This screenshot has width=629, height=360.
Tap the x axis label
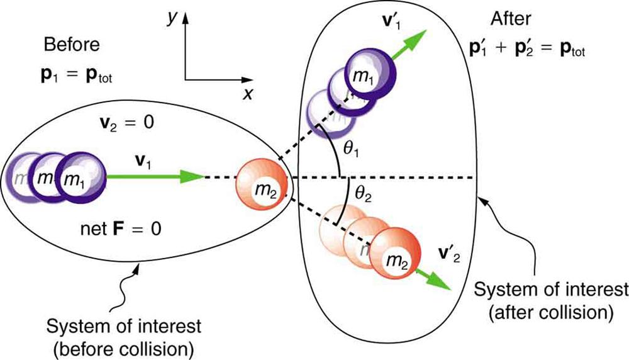pyautogui.click(x=248, y=94)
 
